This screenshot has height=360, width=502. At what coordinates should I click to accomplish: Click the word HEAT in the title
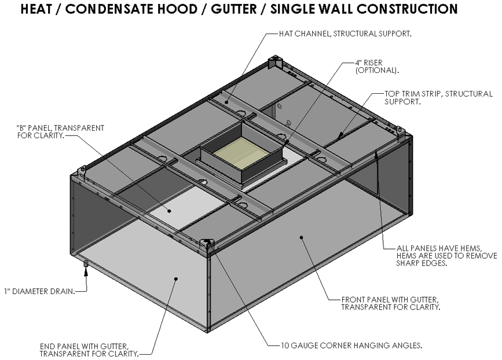[x=43, y=10]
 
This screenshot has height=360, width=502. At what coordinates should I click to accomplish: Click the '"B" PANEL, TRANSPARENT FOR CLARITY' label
[x=61, y=131]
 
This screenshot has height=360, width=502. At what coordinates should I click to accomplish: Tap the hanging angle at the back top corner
[x=276, y=62]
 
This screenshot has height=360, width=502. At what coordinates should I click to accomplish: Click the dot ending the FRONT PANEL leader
[x=301, y=236]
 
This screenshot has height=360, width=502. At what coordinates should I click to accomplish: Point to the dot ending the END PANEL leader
[x=177, y=279]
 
